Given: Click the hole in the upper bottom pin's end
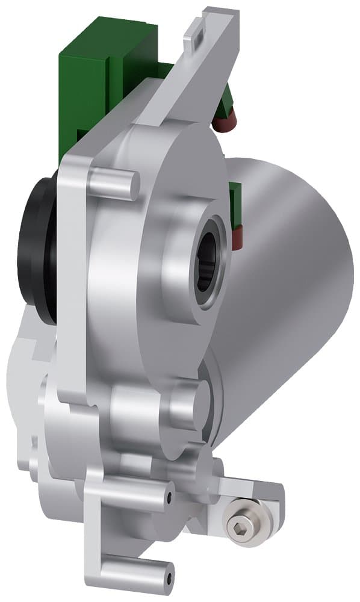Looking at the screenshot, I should pyautogui.click(x=169, y=497).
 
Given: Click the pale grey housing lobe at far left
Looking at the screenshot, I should pyautogui.click(x=24, y=373).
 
